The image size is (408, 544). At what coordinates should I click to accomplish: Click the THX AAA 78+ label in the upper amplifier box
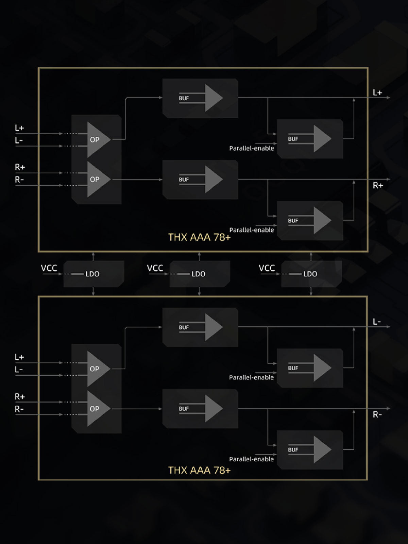[199, 237]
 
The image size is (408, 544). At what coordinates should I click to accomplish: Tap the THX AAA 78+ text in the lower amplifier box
[199, 470]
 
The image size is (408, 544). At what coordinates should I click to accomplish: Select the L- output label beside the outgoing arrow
[377, 322]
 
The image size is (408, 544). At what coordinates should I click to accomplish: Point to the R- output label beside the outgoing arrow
[377, 414]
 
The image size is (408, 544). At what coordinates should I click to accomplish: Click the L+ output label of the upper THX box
[377, 92]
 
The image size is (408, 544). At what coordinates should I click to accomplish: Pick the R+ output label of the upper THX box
[378, 185]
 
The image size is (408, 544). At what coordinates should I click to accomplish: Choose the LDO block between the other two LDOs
[200, 274]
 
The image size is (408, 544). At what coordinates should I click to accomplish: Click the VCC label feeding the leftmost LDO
[49, 268]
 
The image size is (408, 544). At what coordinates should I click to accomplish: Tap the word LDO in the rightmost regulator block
[310, 274]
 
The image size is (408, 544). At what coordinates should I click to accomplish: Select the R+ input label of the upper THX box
[20, 167]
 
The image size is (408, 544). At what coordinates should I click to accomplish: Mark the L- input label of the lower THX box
[19, 370]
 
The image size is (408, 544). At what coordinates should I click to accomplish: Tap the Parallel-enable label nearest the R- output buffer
[251, 459]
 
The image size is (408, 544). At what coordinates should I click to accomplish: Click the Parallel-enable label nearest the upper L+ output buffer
[252, 148]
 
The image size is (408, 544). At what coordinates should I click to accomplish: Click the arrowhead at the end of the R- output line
[389, 408]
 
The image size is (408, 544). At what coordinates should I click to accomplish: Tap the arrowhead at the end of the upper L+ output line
[389, 98]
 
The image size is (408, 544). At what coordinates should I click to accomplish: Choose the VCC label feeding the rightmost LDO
[267, 268]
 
